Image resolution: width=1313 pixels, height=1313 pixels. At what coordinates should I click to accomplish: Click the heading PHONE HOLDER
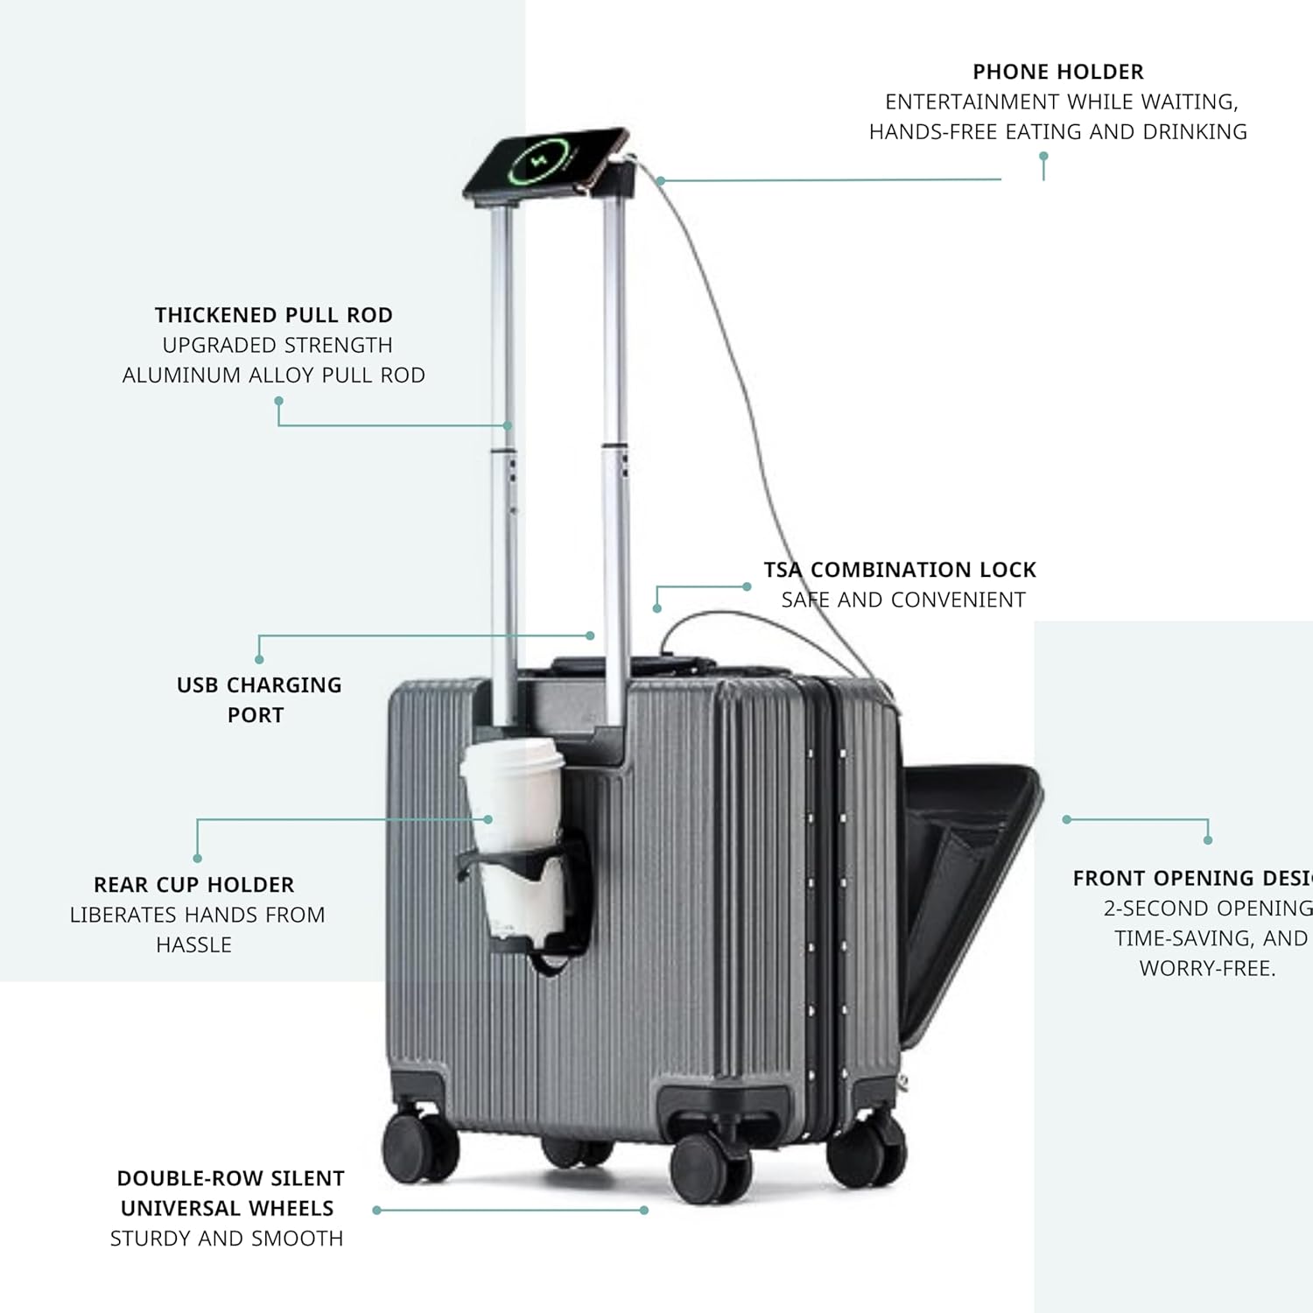[x=1057, y=72]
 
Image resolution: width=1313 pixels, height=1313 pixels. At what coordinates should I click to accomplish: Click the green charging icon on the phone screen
[x=535, y=161]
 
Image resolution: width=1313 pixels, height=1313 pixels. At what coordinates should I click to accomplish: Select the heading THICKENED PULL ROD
[x=273, y=315]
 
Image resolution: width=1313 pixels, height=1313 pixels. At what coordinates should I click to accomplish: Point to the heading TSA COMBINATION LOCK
[x=899, y=570]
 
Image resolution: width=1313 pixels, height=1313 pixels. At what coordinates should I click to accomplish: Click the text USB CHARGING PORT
[x=258, y=699]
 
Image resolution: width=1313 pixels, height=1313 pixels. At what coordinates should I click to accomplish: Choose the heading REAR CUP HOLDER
[x=193, y=885]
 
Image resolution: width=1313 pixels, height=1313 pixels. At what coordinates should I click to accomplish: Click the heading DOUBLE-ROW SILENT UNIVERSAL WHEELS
[x=229, y=1193]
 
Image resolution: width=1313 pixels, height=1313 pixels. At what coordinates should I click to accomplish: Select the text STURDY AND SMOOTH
[x=226, y=1239]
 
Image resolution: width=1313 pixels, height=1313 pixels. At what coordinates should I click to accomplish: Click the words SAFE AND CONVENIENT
[x=902, y=600]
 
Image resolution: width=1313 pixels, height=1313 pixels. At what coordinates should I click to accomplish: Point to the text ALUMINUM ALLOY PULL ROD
[x=273, y=376]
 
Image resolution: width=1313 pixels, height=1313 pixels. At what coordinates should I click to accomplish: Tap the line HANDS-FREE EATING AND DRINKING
[x=1057, y=132]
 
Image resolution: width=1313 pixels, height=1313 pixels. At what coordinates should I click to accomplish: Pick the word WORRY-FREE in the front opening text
[x=1206, y=969]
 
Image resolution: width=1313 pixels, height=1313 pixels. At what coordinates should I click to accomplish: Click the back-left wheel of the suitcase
[x=421, y=1148]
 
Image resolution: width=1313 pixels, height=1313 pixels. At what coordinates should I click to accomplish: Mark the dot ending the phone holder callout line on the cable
[x=661, y=180]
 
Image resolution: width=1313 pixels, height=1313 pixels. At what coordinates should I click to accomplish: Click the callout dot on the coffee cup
[x=488, y=819]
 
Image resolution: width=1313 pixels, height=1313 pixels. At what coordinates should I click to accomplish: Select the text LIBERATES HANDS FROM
[x=197, y=916]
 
